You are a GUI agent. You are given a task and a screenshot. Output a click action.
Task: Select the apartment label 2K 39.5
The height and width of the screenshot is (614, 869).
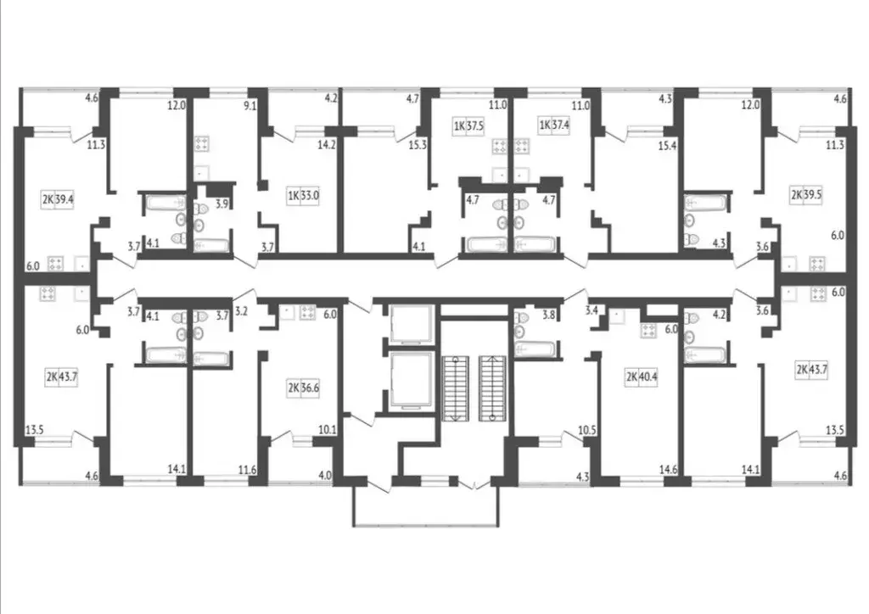tap(808, 195)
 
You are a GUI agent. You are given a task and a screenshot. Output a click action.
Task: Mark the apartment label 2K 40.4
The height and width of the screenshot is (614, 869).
tap(642, 376)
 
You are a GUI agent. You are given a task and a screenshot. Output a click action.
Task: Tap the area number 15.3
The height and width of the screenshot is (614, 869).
tap(418, 144)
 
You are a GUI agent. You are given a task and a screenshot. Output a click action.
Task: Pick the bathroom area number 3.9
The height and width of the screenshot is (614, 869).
tap(221, 204)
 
